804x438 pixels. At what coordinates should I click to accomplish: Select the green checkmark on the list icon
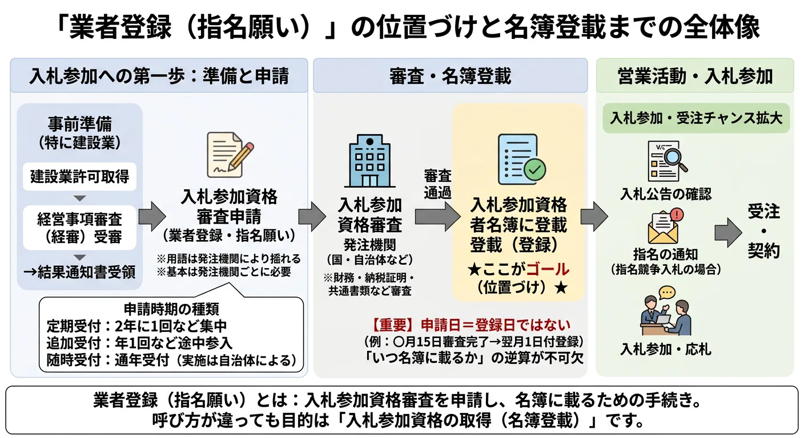click(x=534, y=169)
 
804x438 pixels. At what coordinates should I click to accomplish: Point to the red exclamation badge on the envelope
click(x=677, y=214)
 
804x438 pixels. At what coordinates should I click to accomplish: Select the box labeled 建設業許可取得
click(x=79, y=177)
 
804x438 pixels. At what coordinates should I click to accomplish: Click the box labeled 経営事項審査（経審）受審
click(x=79, y=228)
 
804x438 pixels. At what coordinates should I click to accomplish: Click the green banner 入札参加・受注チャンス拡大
click(x=696, y=118)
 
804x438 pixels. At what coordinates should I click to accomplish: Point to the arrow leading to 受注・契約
click(x=727, y=232)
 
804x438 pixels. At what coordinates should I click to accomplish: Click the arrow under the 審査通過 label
click(x=437, y=216)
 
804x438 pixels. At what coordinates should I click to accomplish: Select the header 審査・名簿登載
click(x=450, y=75)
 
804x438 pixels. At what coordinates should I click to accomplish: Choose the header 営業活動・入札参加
click(x=695, y=75)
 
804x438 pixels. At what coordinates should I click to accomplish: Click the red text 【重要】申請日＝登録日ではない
click(x=471, y=325)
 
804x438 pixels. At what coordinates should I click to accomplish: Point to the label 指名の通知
click(x=666, y=254)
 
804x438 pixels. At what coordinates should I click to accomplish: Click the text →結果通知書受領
click(x=79, y=272)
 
